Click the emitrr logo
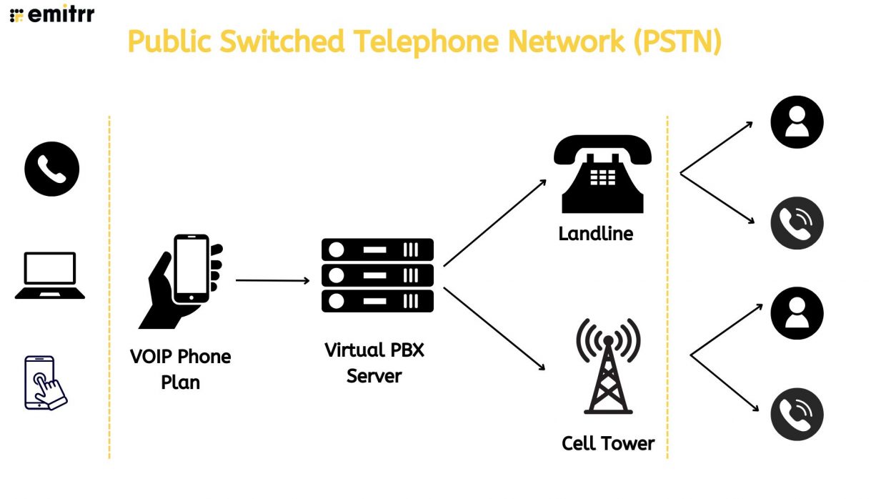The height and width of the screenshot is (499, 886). [x=52, y=14]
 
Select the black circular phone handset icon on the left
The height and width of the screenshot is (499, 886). [x=52, y=169]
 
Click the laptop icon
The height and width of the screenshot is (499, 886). [x=50, y=275]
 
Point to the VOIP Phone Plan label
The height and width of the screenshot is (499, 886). [x=181, y=369]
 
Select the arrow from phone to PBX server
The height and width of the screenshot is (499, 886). [x=272, y=280]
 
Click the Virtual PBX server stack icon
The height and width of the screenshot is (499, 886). [x=377, y=275]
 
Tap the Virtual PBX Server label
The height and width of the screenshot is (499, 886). [x=374, y=362]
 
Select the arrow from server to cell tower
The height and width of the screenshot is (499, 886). [x=494, y=328]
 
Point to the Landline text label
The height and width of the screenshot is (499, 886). [x=596, y=234]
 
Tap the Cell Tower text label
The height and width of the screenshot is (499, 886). [x=608, y=443]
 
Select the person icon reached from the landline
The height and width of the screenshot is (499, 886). [x=797, y=122]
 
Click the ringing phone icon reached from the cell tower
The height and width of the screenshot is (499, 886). [x=797, y=414]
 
